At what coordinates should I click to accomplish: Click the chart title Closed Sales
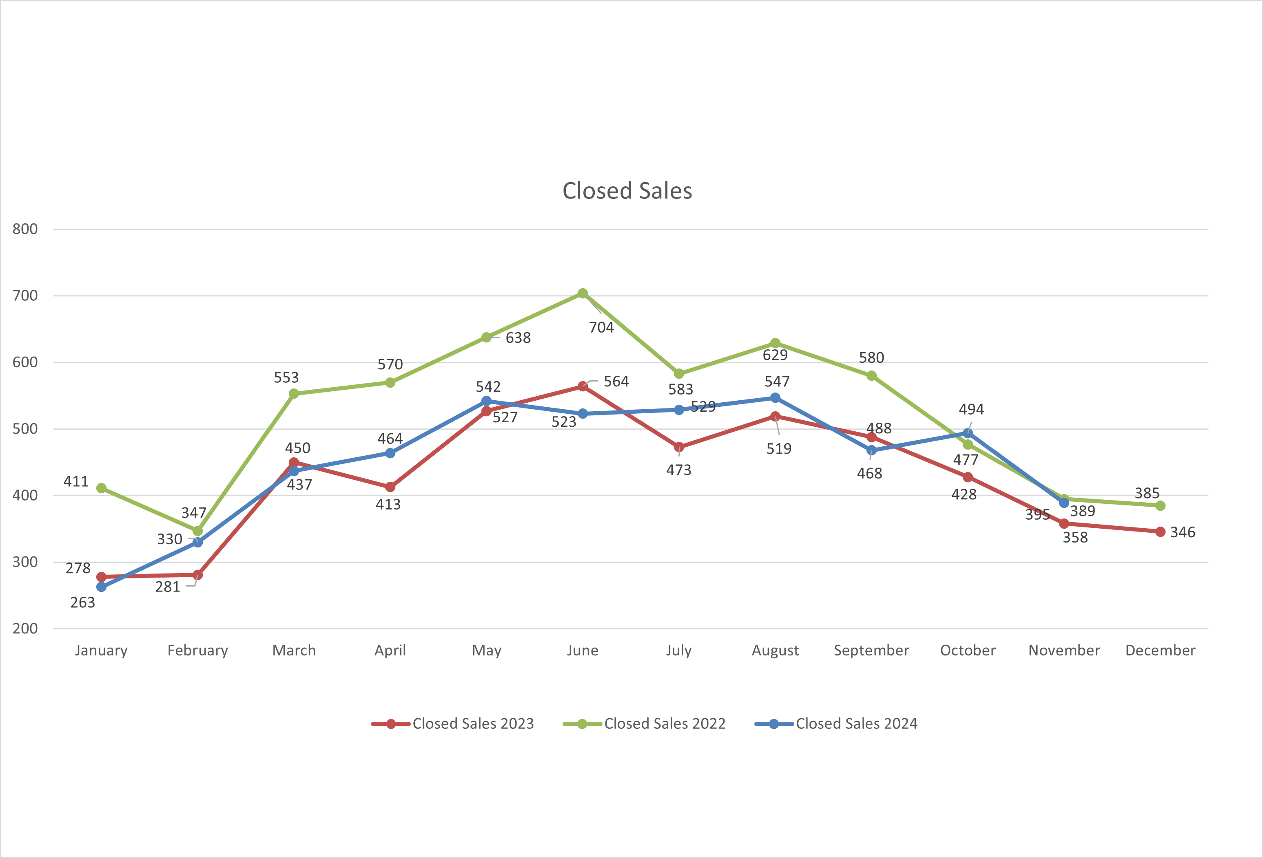627,191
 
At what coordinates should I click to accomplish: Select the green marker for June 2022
583,293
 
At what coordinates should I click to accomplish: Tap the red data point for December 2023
1160,532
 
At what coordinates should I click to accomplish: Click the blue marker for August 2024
776,398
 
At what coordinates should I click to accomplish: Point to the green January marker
101,488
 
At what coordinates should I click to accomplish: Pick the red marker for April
390,487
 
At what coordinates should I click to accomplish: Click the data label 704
602,327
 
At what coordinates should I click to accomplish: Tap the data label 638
518,338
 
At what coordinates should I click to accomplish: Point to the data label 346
1183,532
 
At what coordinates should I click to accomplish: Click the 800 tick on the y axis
25,229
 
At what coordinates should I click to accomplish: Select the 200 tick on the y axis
25,629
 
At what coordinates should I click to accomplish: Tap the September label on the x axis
871,651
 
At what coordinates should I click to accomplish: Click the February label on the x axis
197,651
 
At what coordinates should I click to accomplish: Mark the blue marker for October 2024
968,433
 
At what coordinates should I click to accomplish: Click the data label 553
286,377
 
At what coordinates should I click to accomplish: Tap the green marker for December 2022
1160,505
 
